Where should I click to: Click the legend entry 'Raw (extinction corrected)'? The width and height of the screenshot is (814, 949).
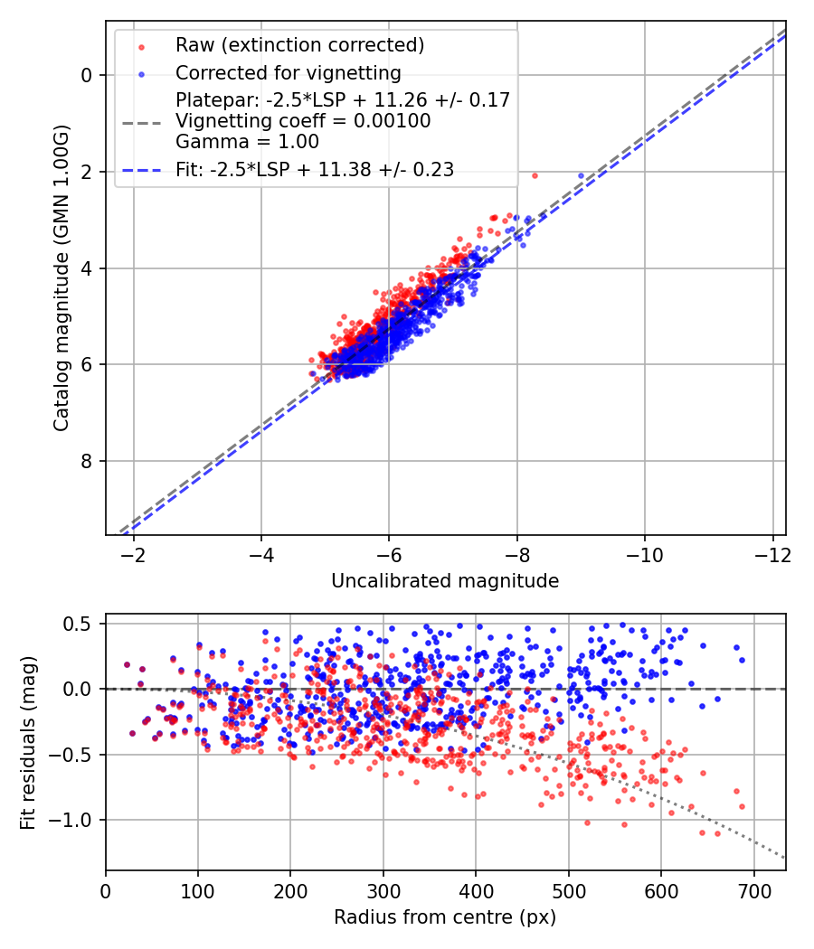click(x=299, y=45)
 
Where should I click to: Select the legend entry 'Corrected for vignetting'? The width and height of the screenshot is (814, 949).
click(x=288, y=72)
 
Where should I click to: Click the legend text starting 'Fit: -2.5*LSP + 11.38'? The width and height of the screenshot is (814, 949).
click(x=315, y=169)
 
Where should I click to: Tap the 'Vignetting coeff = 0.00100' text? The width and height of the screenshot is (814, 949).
click(x=303, y=121)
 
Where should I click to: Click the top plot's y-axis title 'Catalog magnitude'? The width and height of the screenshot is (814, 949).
click(x=61, y=277)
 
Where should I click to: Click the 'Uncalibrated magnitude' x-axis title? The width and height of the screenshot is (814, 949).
click(x=445, y=581)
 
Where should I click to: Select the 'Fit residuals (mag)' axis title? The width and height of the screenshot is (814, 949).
click(x=28, y=742)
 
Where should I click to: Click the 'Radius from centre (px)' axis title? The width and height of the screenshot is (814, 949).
click(x=445, y=917)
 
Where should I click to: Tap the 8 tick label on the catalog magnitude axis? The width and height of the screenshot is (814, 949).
click(x=87, y=461)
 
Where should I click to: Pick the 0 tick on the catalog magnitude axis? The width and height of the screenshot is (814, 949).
click(x=87, y=75)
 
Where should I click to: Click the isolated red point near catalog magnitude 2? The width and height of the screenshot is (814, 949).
click(x=535, y=175)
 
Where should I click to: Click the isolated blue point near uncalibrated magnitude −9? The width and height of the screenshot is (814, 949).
click(x=582, y=175)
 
